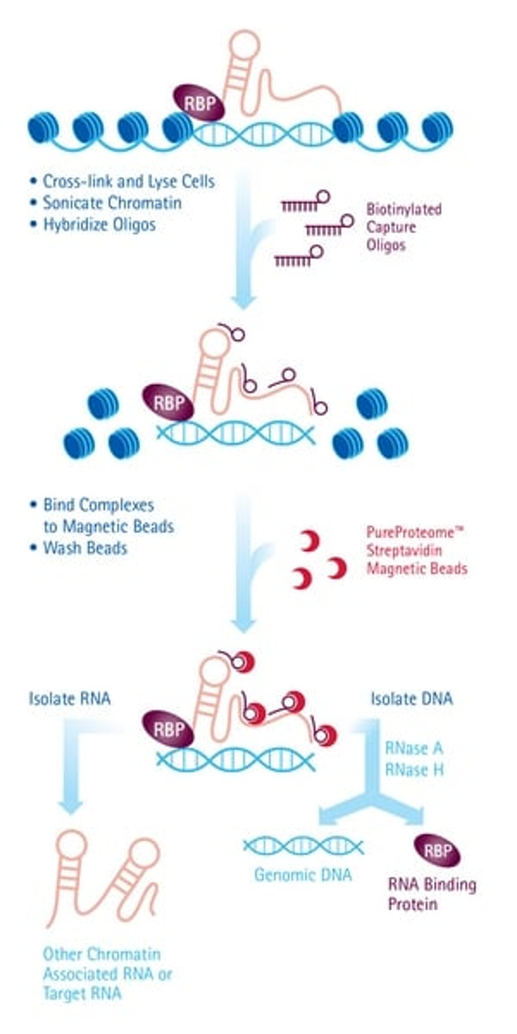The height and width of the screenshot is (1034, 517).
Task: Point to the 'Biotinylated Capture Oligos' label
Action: point(403,227)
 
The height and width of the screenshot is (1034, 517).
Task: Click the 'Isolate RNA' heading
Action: point(69,699)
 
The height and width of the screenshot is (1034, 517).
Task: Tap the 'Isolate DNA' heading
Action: point(411,699)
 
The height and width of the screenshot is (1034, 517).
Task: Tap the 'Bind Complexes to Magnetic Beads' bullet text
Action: point(108,516)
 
